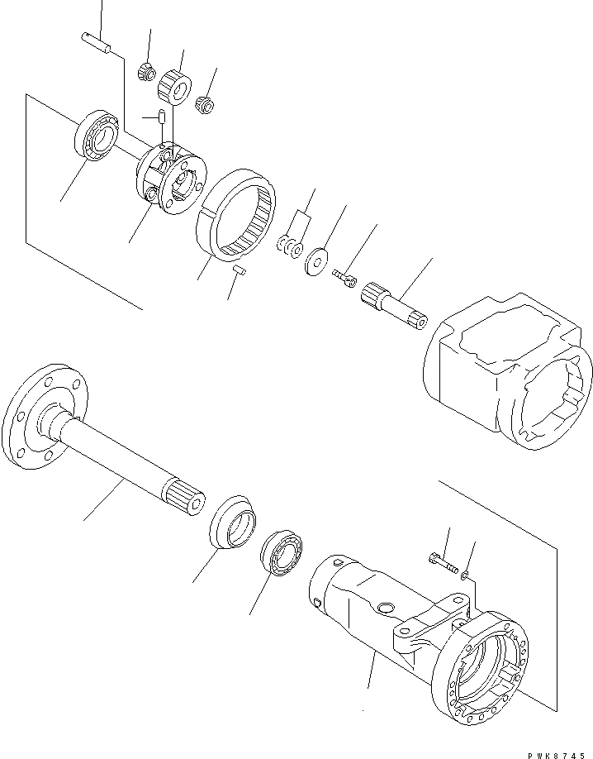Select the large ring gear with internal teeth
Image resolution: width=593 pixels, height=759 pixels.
coord(235,217)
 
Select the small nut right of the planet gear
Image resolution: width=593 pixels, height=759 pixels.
coord(203,103)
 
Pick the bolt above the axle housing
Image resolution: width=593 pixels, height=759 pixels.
coord(443,565)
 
